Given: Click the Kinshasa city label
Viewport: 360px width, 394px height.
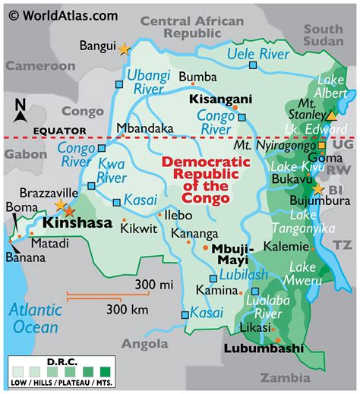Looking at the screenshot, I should click(77, 224).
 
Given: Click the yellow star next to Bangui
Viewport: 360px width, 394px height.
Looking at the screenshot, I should click(124, 49).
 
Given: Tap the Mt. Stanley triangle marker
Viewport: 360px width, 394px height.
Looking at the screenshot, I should click(331, 116).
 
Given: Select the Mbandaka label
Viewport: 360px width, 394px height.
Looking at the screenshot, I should click(145, 128).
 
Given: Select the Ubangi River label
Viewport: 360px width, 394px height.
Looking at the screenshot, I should click(147, 81).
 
